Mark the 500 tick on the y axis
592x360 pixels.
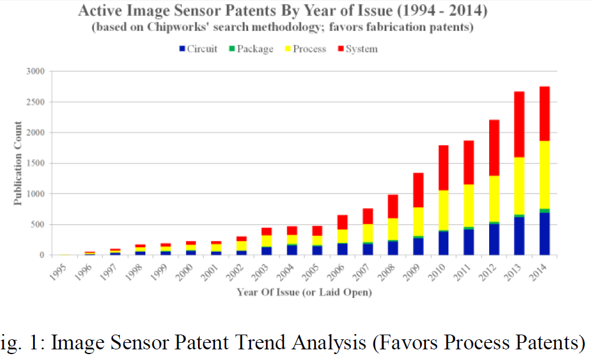pos(37,225)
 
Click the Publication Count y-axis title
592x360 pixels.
pos(18,163)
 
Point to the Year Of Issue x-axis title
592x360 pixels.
pos(304,291)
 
